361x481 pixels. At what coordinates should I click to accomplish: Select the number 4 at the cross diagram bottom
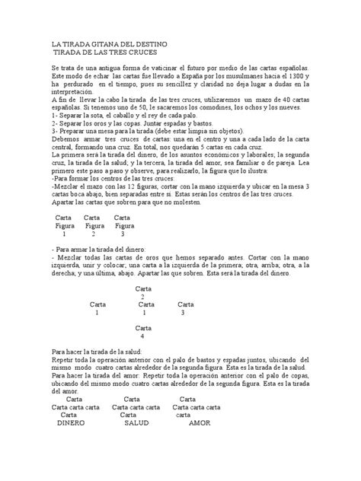tap(142, 336)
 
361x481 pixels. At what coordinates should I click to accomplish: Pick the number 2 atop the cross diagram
tap(142, 296)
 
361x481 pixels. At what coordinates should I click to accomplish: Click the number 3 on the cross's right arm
tap(183, 312)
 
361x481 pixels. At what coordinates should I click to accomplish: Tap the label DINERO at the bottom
tap(75, 423)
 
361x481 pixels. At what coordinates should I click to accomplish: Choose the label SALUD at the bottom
tap(136, 423)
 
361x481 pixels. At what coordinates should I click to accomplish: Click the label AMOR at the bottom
tap(199, 423)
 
